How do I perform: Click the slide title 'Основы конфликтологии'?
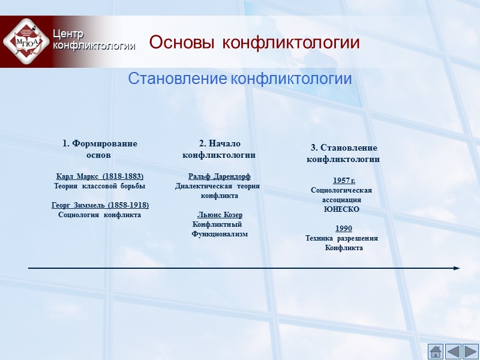tap(254, 43)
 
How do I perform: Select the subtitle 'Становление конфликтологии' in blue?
tap(239, 79)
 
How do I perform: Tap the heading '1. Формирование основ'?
tap(100, 149)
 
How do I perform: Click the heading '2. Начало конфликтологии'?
tap(219, 149)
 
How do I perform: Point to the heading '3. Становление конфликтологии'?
tap(343, 153)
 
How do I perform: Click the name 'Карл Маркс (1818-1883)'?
tap(100, 177)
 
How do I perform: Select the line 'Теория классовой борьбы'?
tap(100, 187)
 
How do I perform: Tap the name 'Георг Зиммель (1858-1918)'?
tap(100, 205)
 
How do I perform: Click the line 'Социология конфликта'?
tap(100, 215)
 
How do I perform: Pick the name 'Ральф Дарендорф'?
tap(219, 176)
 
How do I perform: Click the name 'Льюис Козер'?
tap(220, 215)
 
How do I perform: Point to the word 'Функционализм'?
tap(219, 234)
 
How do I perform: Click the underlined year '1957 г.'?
tap(344, 181)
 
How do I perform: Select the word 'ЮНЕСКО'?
tap(341, 209)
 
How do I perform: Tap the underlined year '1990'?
tap(344, 229)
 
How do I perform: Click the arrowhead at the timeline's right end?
tap(457, 268)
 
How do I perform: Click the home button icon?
tap(436, 351)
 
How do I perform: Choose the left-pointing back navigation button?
tap(453, 351)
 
